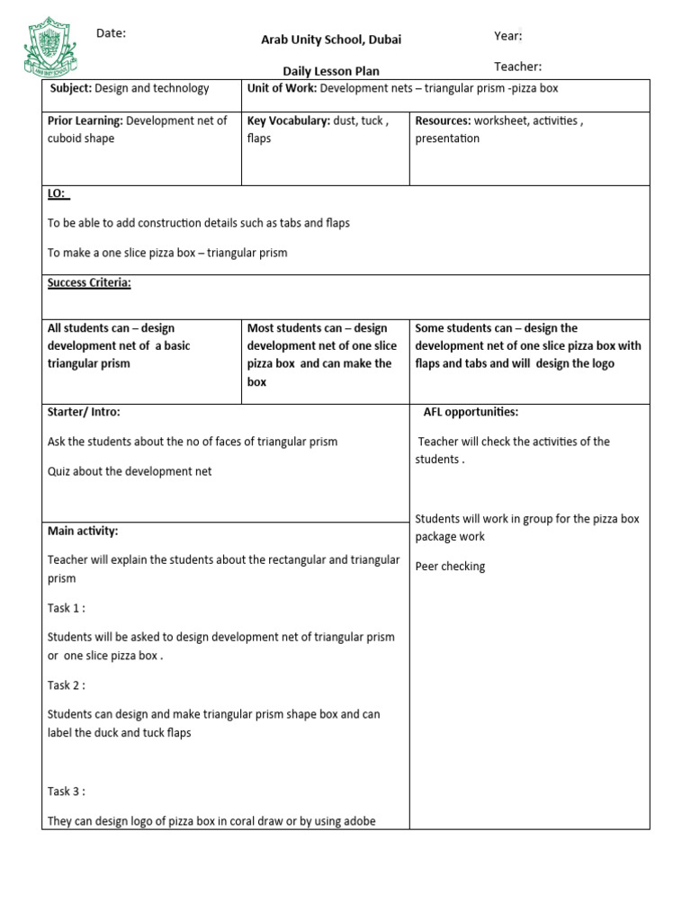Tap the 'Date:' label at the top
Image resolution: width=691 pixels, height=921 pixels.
(x=111, y=33)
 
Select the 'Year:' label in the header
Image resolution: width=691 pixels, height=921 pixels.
(x=507, y=36)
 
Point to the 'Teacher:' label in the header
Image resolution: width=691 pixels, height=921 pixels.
(x=517, y=66)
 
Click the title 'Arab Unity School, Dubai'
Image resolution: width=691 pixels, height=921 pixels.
(x=331, y=40)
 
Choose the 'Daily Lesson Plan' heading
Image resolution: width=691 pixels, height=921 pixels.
(x=331, y=71)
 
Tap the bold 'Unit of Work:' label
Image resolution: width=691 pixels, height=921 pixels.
(x=282, y=88)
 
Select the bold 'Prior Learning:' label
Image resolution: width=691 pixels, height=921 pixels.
(x=85, y=121)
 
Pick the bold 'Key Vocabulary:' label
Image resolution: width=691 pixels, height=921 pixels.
(x=288, y=121)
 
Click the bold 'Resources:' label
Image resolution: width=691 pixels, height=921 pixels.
(x=443, y=121)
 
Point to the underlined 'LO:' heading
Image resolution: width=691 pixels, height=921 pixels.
(x=58, y=193)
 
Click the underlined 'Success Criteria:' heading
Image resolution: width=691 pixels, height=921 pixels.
(x=89, y=282)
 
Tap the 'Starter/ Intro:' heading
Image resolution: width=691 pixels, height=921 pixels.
(x=84, y=412)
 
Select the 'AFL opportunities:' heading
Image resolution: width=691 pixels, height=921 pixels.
(x=471, y=412)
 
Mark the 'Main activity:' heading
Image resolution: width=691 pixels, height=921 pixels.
(x=83, y=531)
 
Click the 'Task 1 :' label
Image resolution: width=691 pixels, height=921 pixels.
(x=67, y=608)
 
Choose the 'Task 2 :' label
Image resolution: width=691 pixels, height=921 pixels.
(x=67, y=685)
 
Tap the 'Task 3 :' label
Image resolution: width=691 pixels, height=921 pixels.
(x=67, y=791)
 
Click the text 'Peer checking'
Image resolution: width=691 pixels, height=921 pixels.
(x=450, y=567)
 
